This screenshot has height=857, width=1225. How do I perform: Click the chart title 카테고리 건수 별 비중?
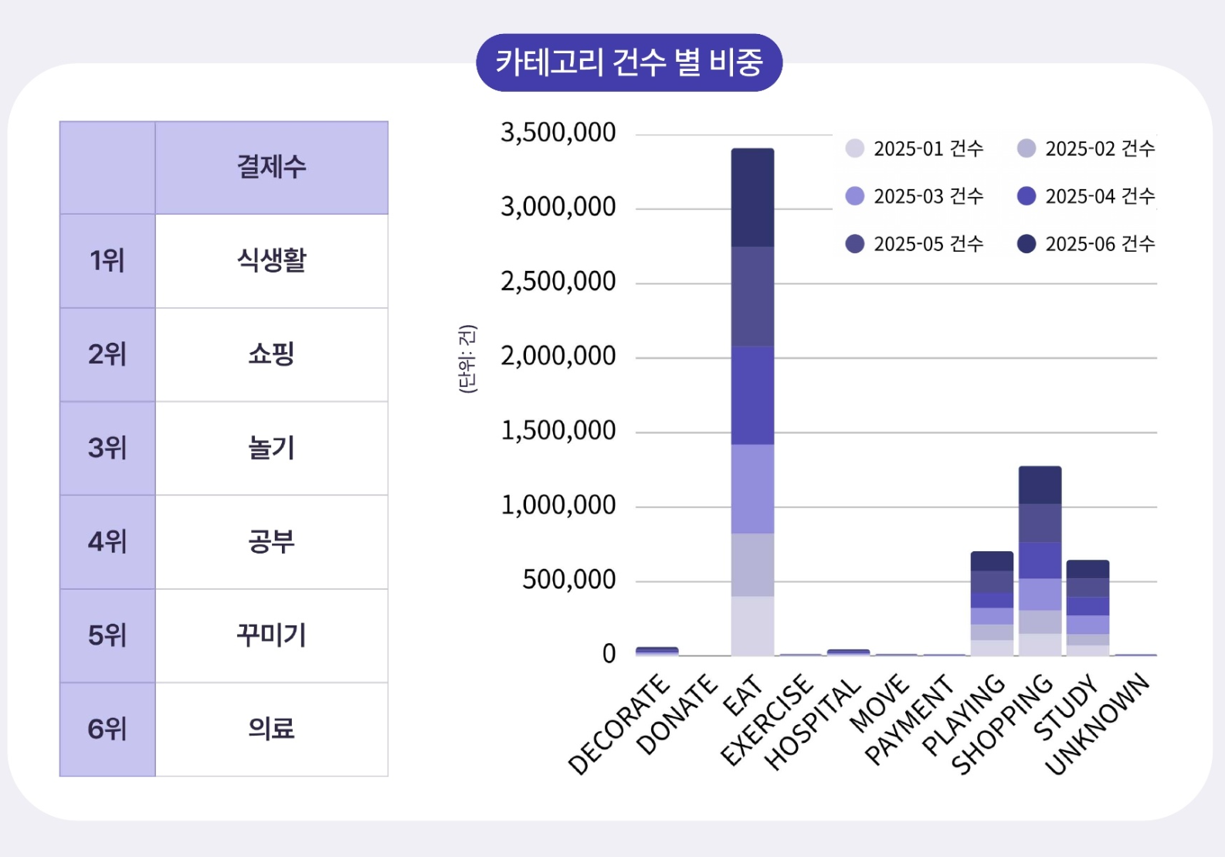click(x=629, y=63)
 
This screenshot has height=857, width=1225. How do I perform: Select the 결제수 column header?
click(x=271, y=168)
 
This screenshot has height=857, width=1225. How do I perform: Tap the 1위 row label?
click(x=107, y=261)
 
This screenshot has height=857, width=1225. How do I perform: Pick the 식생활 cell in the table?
click(x=271, y=261)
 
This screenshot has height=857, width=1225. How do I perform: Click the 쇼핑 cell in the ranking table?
click(x=271, y=354)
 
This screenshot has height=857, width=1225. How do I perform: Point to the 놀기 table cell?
click(x=271, y=449)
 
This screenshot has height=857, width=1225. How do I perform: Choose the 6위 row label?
click(x=107, y=730)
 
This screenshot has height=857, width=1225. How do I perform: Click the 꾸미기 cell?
click(x=271, y=635)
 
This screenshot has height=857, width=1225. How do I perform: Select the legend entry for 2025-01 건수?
click(x=915, y=148)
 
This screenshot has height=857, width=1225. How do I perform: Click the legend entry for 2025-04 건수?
click(x=1086, y=196)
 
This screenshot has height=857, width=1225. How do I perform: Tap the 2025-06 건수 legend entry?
click(x=1086, y=244)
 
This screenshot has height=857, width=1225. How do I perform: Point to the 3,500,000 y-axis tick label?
click(x=558, y=133)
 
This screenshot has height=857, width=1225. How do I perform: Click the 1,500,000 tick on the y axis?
click(x=558, y=431)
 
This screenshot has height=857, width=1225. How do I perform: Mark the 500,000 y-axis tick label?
click(x=569, y=580)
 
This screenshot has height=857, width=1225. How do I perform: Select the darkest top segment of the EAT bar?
click(x=752, y=198)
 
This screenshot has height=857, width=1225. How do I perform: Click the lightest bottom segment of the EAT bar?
click(x=752, y=625)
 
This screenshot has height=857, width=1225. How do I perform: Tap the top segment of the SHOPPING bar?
click(x=1040, y=486)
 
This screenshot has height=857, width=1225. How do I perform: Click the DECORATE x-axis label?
click(x=619, y=723)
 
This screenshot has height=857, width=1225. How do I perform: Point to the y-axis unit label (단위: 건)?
click(x=467, y=359)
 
